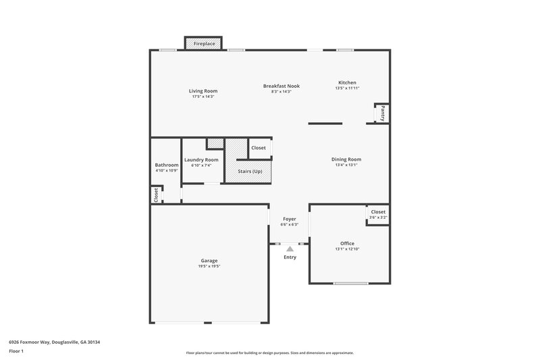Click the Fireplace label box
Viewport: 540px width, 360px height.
pos(204,43)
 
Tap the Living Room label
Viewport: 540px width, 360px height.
pos(202,91)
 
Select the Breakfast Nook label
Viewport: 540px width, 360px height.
pos(281,86)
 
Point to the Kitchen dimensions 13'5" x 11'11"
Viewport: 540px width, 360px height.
pos(347,88)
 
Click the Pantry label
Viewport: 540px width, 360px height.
pos(383,113)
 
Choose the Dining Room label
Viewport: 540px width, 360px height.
pos(346,159)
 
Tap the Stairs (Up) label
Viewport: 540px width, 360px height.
pos(250,171)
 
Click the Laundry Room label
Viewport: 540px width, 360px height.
pos(201,160)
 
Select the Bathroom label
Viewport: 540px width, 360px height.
pos(166,165)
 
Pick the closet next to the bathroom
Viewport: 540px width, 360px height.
pos(156,195)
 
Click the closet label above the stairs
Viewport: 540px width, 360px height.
pos(259,148)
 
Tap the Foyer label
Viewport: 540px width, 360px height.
pos(290,219)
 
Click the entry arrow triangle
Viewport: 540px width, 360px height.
pos(290,249)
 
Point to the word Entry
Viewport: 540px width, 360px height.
pos(290,257)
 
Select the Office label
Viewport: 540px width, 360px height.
pos(347,243)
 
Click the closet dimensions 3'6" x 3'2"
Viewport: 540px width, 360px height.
pos(378,217)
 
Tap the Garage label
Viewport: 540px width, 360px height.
pos(209,261)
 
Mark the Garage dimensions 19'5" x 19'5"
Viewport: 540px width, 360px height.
pos(209,266)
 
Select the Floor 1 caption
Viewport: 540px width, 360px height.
pos(17,352)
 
